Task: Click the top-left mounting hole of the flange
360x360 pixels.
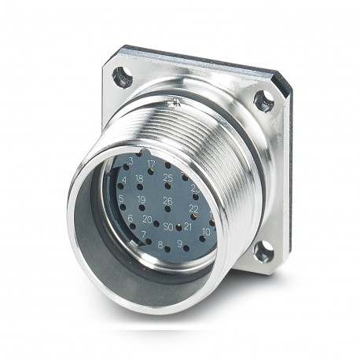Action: point(121,77)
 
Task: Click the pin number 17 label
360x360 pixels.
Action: point(150,164)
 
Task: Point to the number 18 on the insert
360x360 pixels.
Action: point(139,179)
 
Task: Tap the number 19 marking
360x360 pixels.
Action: point(141,200)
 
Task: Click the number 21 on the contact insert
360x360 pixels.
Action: point(187,226)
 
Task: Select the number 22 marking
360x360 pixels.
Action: point(193,208)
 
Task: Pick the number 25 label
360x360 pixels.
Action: point(167,178)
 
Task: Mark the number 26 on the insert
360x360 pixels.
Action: point(167,200)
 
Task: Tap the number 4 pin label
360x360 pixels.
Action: point(123,179)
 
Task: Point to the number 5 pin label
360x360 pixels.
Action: point(121,198)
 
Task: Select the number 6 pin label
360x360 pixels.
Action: point(130,218)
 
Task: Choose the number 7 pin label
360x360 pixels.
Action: point(142,234)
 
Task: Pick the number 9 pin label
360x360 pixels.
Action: point(180,244)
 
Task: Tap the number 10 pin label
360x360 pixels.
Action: point(205,231)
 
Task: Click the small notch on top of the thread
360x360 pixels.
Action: point(178,101)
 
